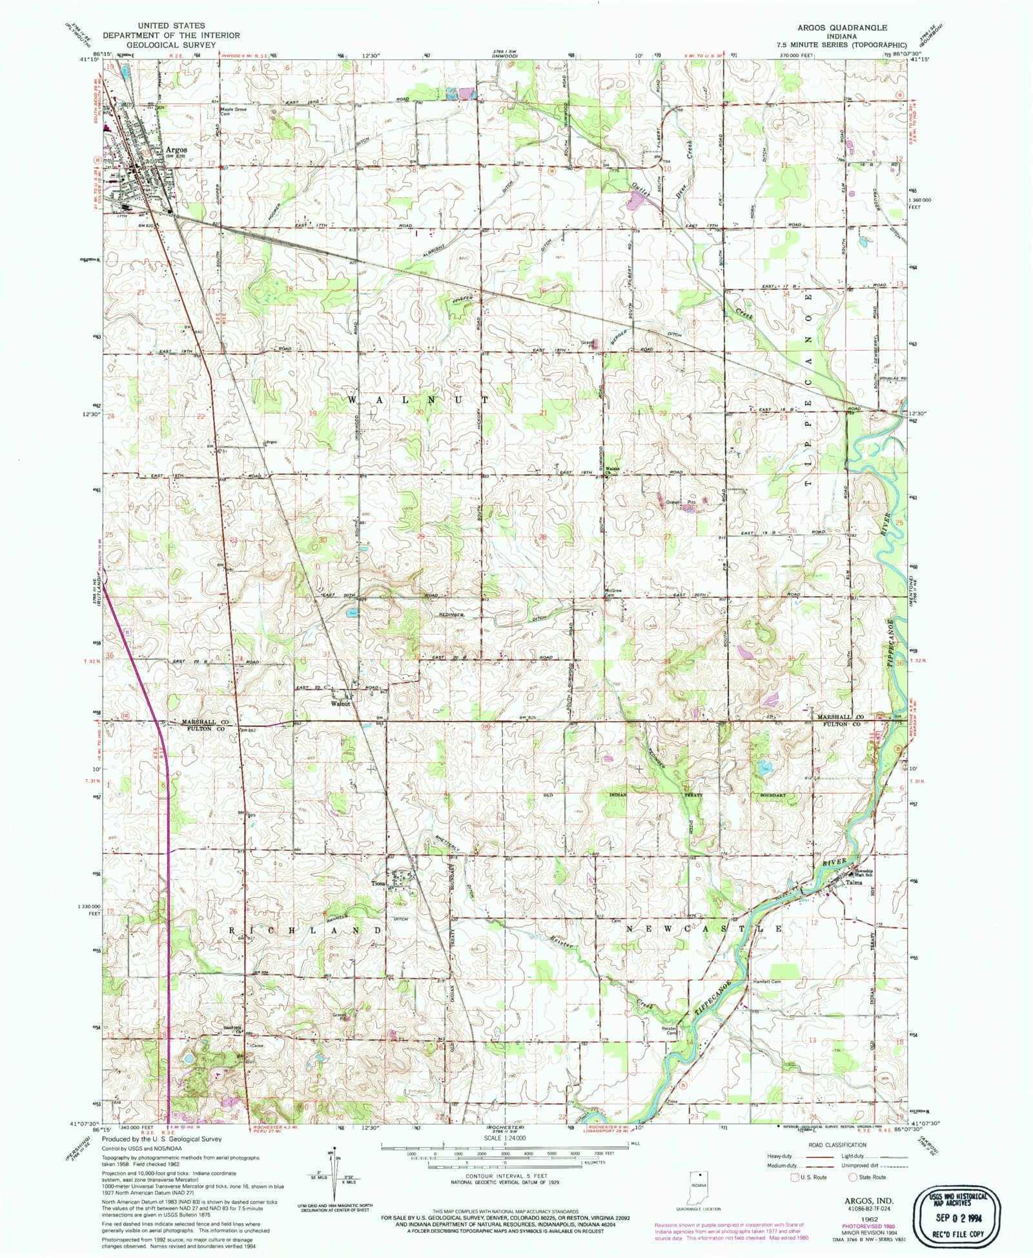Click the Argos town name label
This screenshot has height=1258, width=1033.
[176, 150]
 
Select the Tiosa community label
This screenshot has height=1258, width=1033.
[378, 883]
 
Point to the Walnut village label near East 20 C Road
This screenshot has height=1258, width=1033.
[341, 703]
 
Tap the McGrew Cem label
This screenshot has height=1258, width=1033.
[613, 592]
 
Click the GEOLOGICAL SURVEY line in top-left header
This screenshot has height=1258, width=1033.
[170, 46]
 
